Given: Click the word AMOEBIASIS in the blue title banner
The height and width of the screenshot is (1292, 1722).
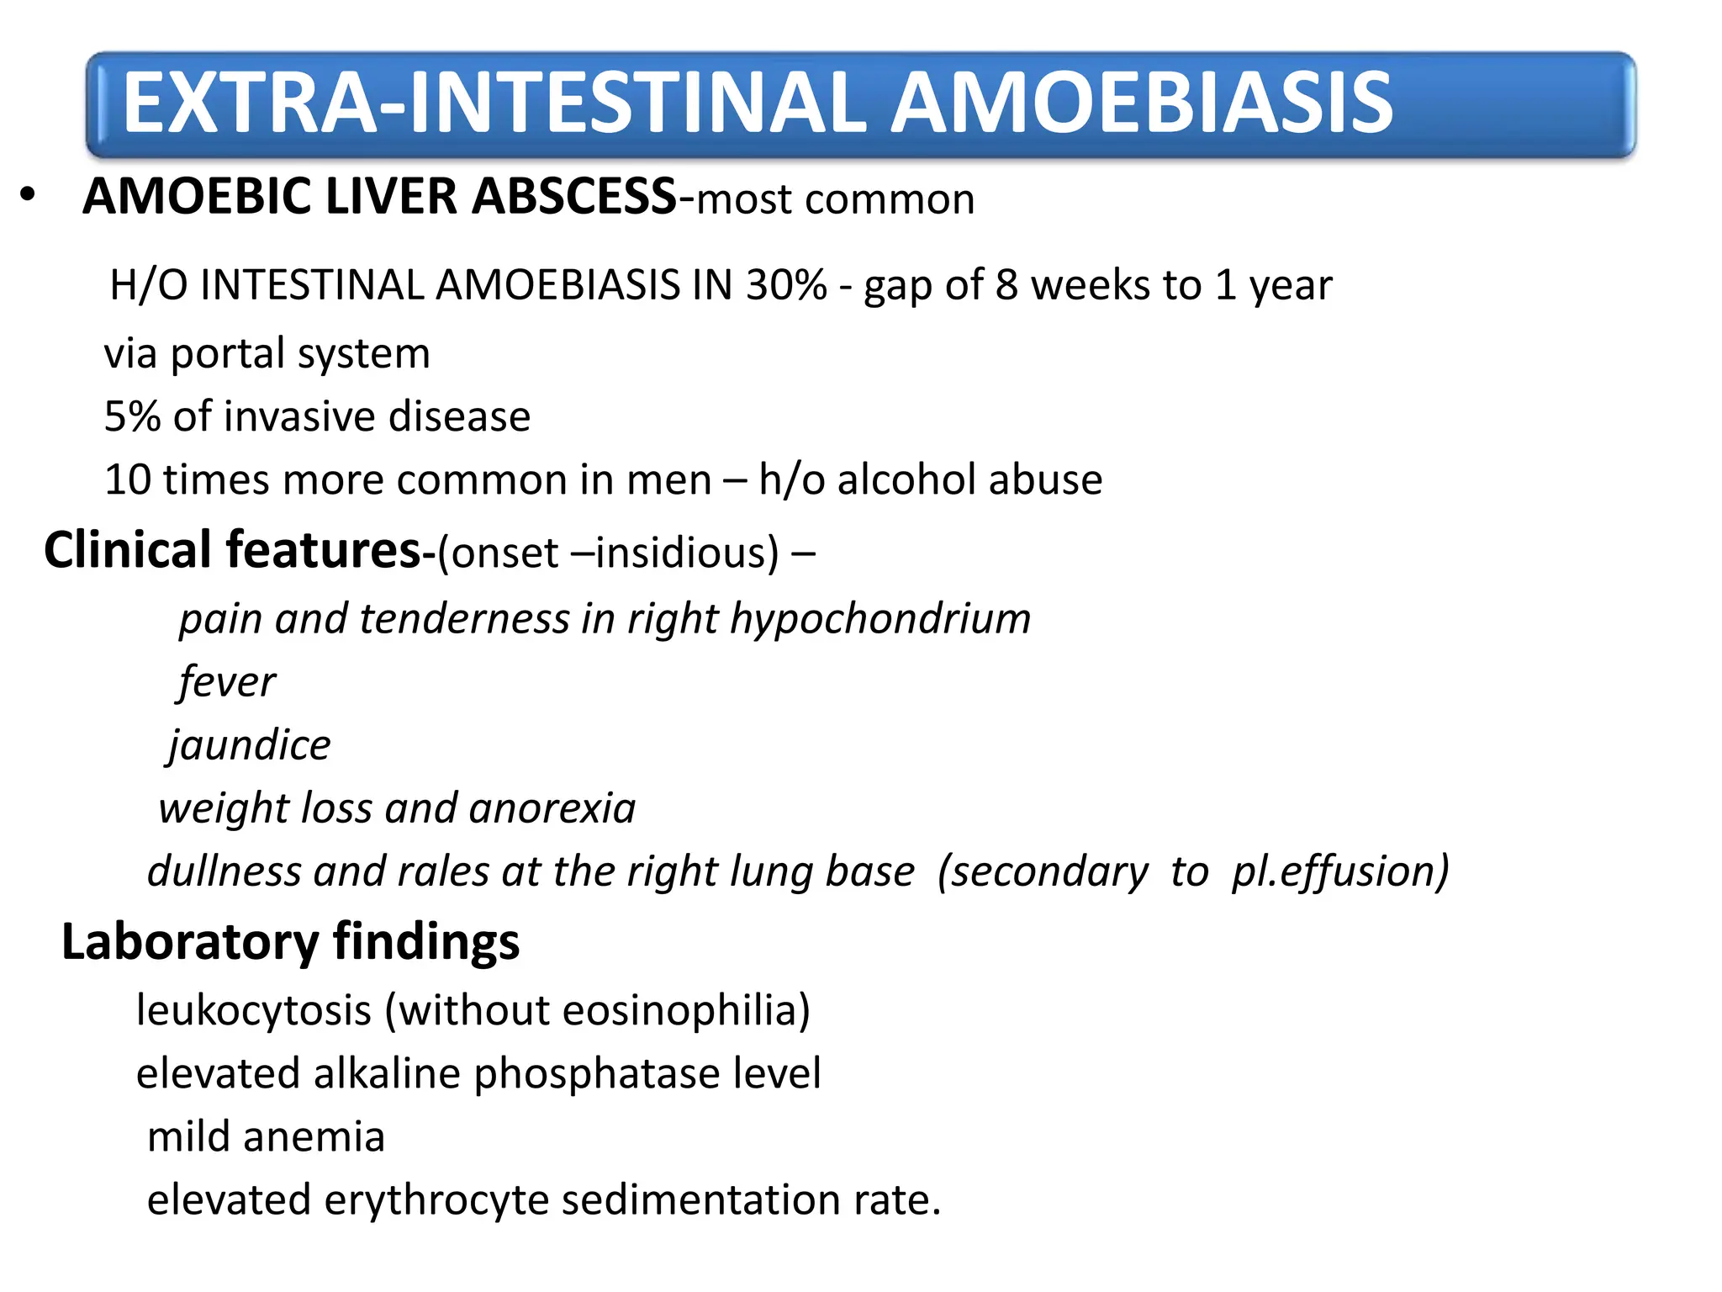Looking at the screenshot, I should click(x=1141, y=103).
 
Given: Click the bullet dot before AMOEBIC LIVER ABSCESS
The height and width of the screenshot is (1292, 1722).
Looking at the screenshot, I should click(x=29, y=195).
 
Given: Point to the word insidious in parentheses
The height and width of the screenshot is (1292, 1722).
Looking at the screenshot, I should click(x=688, y=553).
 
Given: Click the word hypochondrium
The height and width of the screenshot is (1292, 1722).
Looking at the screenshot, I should click(x=880, y=619).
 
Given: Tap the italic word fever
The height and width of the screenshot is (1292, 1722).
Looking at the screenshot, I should click(x=226, y=681).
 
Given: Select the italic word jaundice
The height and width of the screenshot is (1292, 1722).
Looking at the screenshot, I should click(x=249, y=745).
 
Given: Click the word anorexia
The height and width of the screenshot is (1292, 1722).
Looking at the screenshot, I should click(x=552, y=808).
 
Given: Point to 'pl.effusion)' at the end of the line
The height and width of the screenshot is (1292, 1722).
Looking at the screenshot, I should click(x=1340, y=871).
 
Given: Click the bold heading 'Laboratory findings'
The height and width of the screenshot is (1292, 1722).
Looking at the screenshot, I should click(x=290, y=941).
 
